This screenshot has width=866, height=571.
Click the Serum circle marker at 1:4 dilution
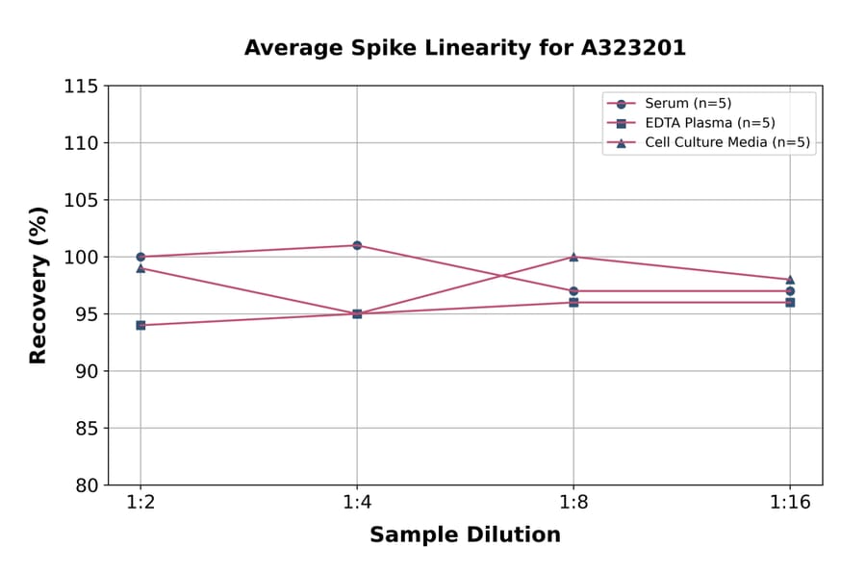point(357,245)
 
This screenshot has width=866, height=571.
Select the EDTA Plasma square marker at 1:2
point(140,325)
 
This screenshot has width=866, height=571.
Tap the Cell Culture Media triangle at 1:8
point(573,257)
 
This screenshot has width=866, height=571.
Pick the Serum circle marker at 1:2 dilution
point(140,257)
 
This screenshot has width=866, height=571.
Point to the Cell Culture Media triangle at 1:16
point(790,280)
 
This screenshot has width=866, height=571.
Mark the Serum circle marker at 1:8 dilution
point(573,290)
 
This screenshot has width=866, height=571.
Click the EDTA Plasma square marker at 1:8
point(573,302)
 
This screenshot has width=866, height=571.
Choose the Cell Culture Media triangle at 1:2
point(140,268)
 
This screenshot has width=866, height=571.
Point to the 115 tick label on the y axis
point(81,87)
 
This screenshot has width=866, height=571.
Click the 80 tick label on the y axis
point(86,485)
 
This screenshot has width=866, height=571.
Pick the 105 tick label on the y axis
point(81,200)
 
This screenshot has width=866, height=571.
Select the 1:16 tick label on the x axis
point(790,503)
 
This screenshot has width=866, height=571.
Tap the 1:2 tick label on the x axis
point(140,503)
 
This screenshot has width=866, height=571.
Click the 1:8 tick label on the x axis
point(573,503)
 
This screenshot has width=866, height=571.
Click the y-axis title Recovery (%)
point(38,285)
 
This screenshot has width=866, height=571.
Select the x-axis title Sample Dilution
point(465,535)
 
